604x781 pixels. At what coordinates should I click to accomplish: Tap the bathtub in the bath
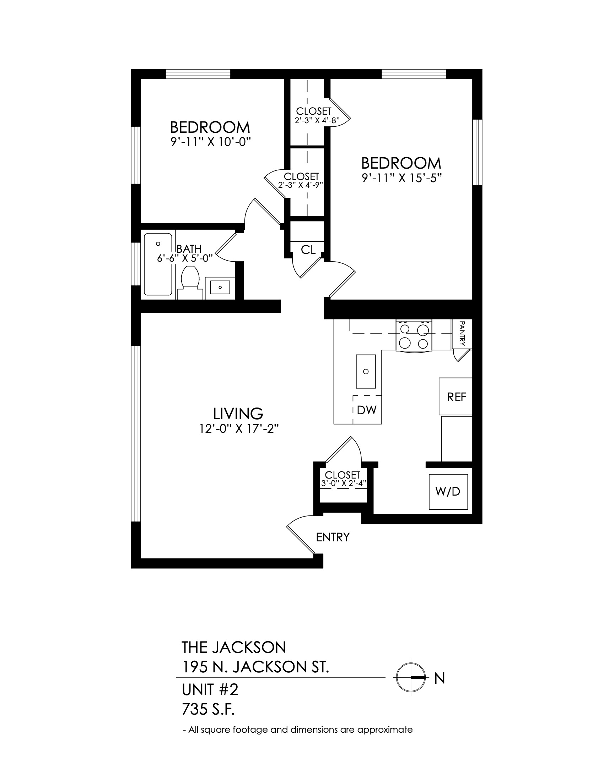point(158,264)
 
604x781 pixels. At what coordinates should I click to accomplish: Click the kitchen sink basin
point(366,372)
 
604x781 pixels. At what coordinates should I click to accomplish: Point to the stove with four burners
point(414,335)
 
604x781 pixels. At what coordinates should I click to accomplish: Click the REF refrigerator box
point(455,397)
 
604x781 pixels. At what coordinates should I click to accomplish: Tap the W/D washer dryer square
point(448,492)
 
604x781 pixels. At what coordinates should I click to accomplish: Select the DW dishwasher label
point(367,410)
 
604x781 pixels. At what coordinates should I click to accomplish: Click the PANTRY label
point(462,333)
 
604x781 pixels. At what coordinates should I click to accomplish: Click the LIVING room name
point(238,414)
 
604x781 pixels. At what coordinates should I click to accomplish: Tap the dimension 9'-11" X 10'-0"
point(209,142)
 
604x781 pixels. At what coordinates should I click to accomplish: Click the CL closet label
point(308,250)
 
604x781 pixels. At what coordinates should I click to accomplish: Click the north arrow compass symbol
point(410,677)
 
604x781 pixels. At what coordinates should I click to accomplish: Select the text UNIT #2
point(210,690)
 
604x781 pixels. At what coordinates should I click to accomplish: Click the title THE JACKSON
point(234,647)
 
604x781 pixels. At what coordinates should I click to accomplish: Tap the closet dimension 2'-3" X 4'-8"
point(317,120)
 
